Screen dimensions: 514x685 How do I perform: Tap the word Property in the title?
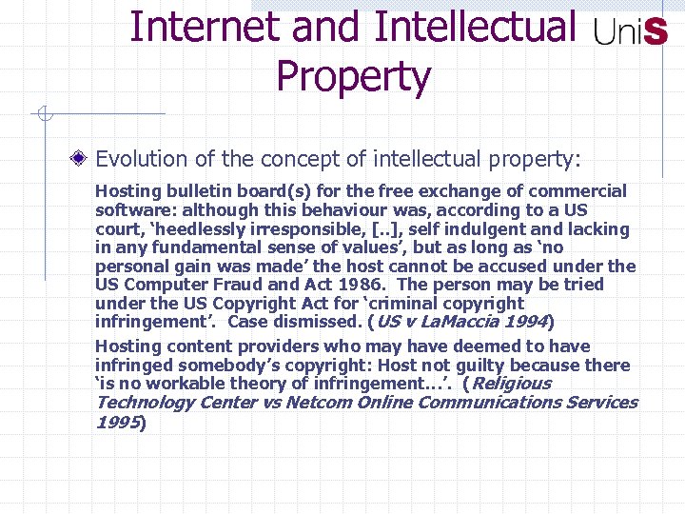[353, 77]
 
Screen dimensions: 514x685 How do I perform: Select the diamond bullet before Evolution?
[85, 156]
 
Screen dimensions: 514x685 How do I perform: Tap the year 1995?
[116, 421]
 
